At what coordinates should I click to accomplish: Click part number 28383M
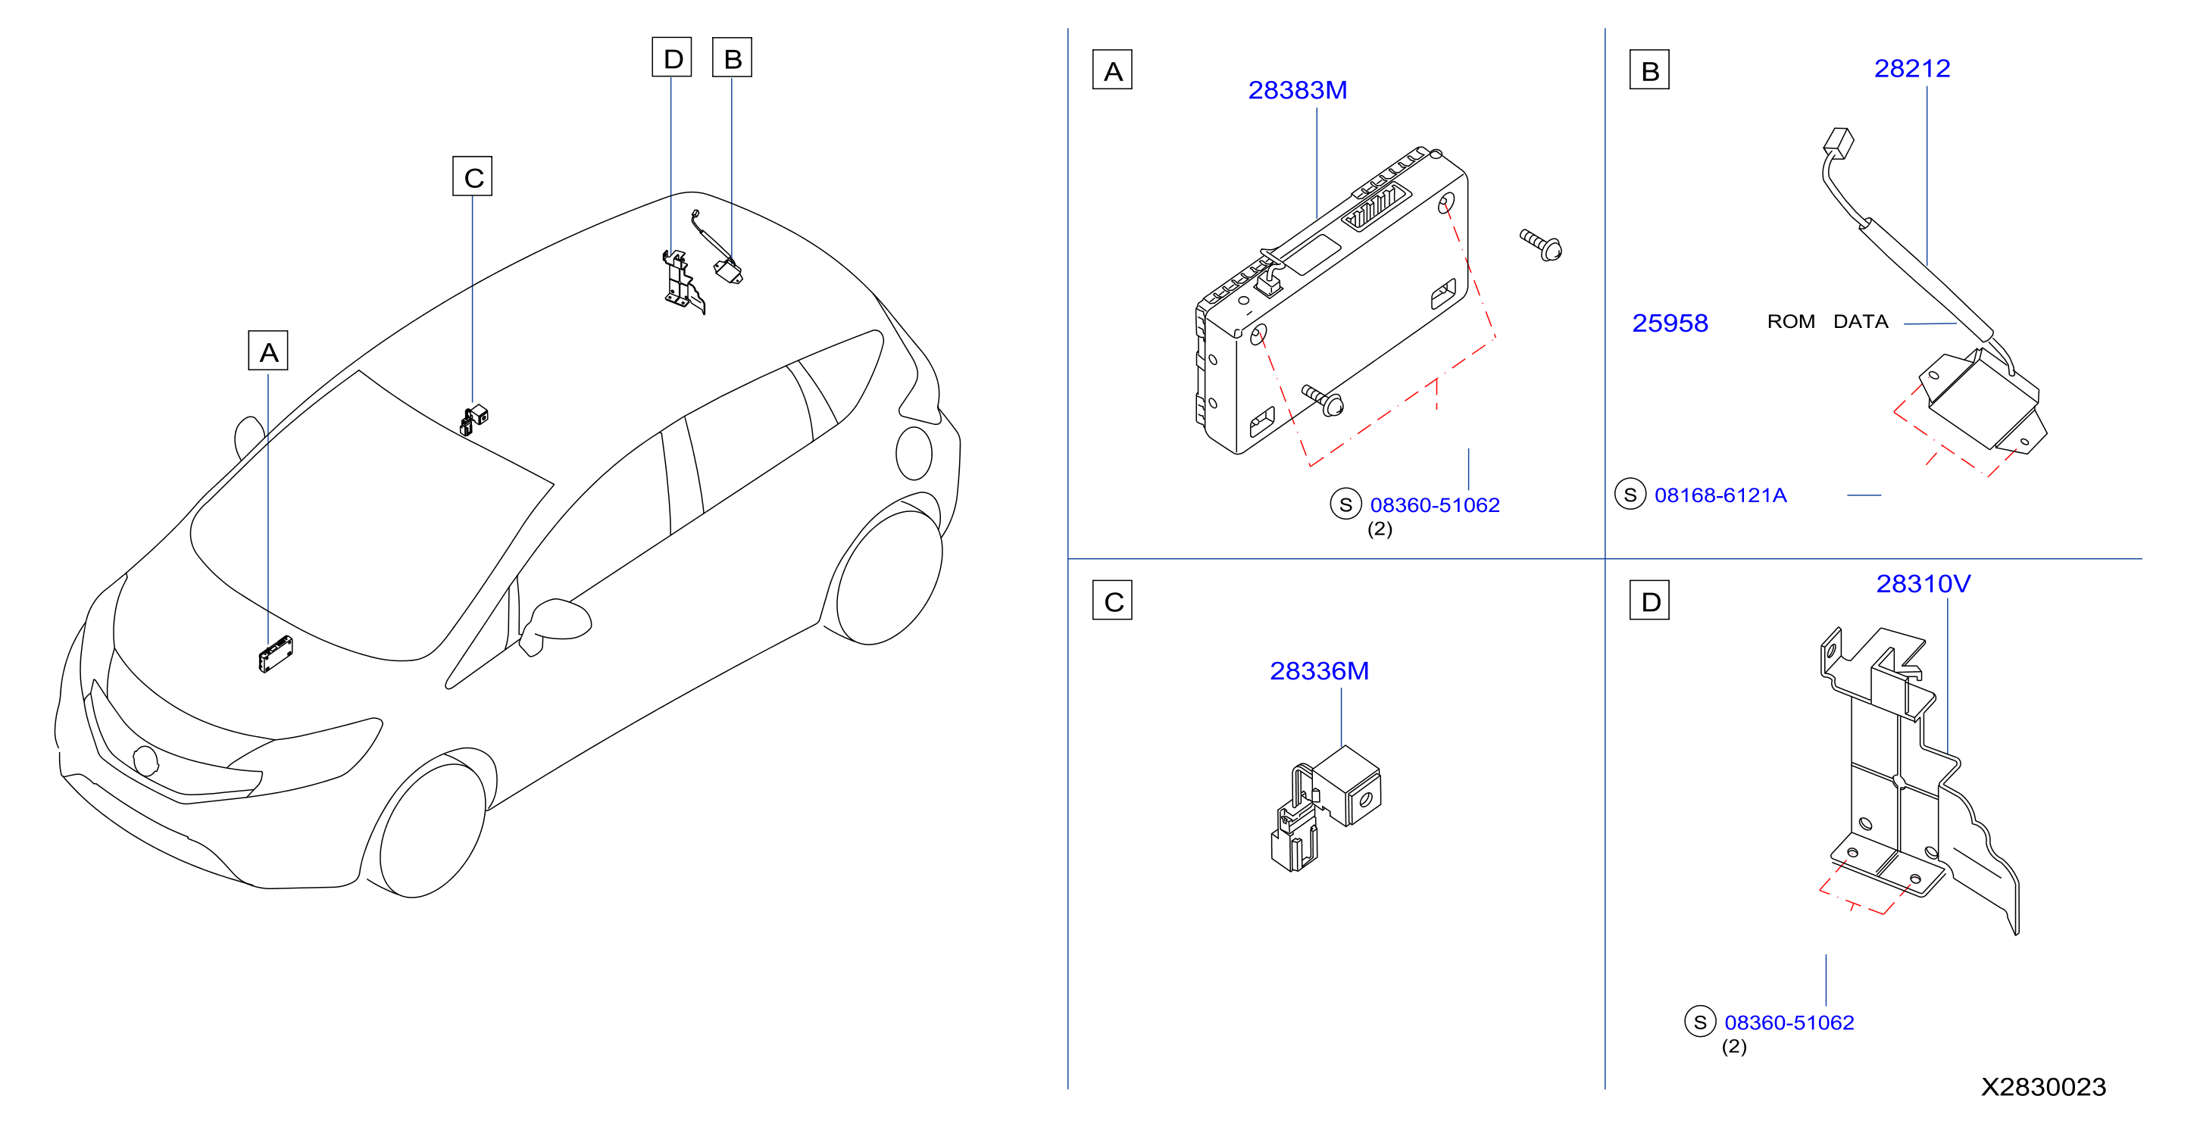coord(1297,89)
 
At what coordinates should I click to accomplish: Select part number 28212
coord(1911,68)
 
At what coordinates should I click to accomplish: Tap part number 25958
coord(1670,323)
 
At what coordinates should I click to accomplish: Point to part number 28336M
coord(1320,670)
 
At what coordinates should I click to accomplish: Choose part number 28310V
coord(1924,583)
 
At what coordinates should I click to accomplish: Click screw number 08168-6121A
coord(1720,495)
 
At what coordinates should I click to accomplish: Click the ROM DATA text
coord(1827,321)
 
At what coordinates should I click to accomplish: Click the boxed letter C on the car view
coord(473,176)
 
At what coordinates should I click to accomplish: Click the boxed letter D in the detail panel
coord(1649,601)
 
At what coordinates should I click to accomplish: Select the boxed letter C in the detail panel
coord(1112,601)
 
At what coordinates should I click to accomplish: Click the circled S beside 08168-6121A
coord(1630,494)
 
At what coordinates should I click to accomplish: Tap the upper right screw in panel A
coord(1541,245)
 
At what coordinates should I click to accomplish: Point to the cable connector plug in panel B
coord(1839,142)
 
